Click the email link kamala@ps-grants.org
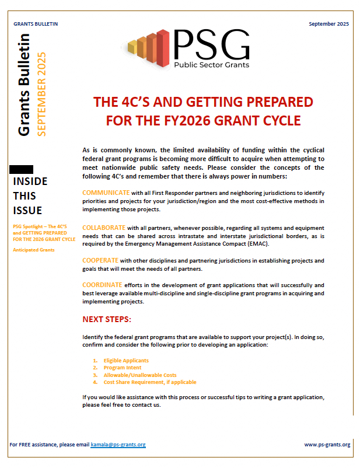coord(118,445)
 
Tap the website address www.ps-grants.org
coord(327,445)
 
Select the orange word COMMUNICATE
coord(106,192)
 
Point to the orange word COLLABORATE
coord(104,226)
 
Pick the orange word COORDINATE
coord(104,285)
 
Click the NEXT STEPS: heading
coord(107,319)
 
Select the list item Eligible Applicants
coord(126,361)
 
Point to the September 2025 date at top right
coord(329,23)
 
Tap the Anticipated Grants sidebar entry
coord(33,250)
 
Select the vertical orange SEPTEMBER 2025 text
coord(41,94)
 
